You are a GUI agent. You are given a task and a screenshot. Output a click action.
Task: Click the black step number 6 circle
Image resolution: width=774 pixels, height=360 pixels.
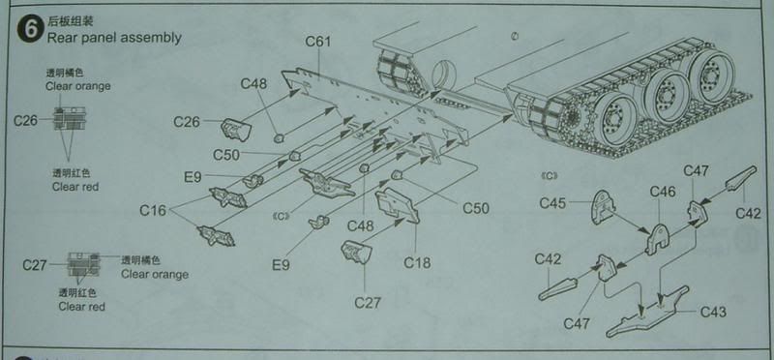pos(30,29)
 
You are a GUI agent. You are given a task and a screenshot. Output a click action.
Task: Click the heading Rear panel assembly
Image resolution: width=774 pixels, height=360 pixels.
pos(114,38)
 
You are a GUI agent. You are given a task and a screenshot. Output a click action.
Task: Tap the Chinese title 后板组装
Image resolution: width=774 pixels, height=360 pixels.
pos(70,20)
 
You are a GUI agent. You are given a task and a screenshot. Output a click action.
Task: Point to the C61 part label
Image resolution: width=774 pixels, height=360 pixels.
pos(317,42)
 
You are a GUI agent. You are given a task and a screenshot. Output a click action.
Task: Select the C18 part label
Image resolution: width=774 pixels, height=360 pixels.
pos(417,262)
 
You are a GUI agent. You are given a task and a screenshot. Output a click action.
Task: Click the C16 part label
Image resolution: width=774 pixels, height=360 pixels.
pos(153,210)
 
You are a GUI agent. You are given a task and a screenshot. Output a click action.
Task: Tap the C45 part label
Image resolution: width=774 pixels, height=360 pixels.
pos(552,203)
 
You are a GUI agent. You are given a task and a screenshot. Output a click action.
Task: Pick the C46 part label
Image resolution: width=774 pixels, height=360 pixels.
pos(663,191)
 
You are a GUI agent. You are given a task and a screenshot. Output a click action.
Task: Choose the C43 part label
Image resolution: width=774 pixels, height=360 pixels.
pos(713,313)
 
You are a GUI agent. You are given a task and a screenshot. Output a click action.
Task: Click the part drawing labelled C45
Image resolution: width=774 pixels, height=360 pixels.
pos(603,206)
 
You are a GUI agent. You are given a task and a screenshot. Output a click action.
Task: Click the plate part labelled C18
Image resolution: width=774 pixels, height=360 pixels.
pos(398,205)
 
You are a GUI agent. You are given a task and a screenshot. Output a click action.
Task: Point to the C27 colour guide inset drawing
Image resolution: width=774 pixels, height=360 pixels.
pos(83,264)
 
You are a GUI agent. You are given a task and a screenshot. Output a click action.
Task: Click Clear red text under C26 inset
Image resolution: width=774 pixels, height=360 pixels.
pos(75,187)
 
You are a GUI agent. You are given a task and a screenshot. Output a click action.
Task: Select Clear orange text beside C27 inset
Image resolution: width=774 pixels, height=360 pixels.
pos(155,274)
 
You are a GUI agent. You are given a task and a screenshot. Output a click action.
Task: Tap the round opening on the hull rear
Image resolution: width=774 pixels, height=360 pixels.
pos(445,75)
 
